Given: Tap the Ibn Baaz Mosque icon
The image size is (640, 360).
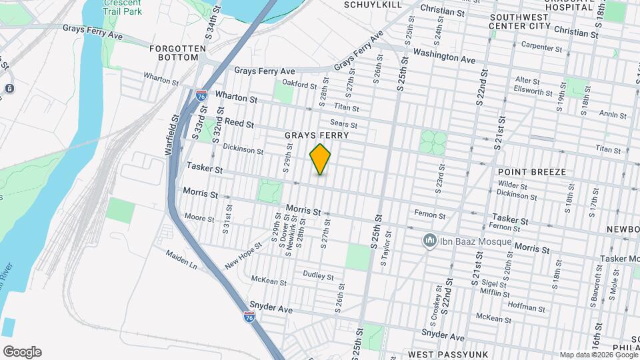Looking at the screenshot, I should pyautogui.click(x=431, y=241).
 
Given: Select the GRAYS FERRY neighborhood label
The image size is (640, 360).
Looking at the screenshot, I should pyautogui.click(x=317, y=135).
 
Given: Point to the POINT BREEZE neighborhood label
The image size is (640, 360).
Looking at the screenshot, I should pyautogui.click(x=532, y=172).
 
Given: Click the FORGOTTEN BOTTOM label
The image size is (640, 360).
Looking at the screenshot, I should pyautogui.click(x=174, y=53).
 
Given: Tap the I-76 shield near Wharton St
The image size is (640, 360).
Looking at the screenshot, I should pyautogui.click(x=201, y=96).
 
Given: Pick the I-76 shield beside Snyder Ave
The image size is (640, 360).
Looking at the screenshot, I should pyautogui.click(x=249, y=317).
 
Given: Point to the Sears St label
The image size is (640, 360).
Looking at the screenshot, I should pyautogui.click(x=344, y=124).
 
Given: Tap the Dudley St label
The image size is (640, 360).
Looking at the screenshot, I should pyautogui.click(x=318, y=275).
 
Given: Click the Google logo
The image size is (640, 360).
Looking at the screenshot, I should pyautogui.click(x=22, y=352).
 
